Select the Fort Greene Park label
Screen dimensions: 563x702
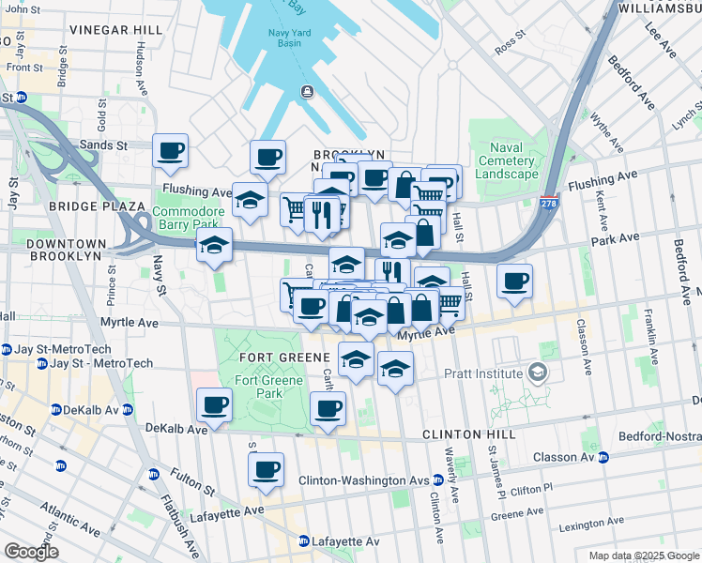tap(258, 387)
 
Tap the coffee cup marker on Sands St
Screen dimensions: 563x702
tap(170, 151)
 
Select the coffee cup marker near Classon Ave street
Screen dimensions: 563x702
tap(514, 281)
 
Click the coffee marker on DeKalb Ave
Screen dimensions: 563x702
tap(214, 405)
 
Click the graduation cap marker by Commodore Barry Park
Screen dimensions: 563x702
tap(214, 246)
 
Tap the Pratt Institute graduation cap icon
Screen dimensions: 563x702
tap(537, 373)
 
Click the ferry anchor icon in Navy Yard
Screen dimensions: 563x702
tap(306, 90)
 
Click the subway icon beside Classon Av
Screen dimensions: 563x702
tap(603, 458)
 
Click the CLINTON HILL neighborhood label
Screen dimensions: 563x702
tap(468, 435)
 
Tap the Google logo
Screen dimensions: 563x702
tap(31, 552)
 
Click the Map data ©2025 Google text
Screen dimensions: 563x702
tap(643, 555)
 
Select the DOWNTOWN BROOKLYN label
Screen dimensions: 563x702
tap(51, 250)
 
